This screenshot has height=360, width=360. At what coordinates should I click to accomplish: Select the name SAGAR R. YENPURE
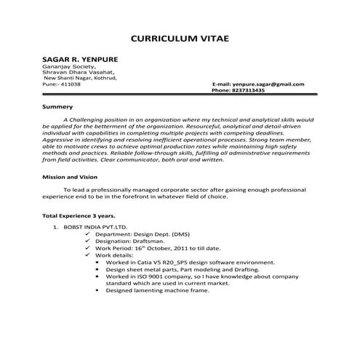point(80,59)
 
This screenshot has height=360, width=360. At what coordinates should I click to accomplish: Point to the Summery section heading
point(57,107)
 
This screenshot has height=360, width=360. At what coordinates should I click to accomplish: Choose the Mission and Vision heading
point(72,177)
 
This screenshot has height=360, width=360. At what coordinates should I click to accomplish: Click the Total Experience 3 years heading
point(79,217)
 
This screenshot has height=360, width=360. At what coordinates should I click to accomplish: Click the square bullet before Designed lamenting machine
point(97,290)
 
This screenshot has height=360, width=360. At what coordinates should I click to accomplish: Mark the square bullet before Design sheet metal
point(97,270)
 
